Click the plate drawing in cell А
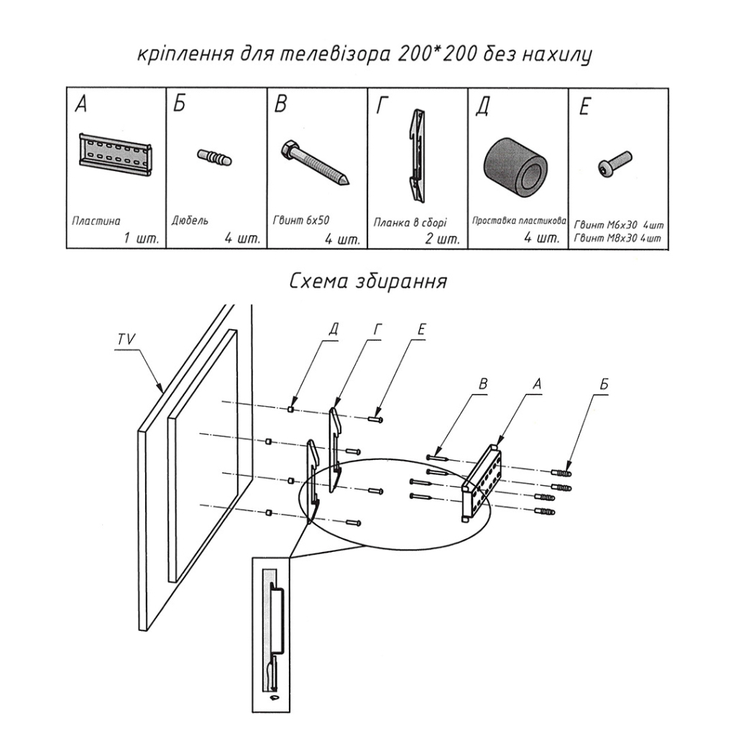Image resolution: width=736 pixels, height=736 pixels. pyautogui.click(x=115, y=155)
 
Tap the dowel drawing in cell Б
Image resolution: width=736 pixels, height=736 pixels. pyautogui.click(x=213, y=157)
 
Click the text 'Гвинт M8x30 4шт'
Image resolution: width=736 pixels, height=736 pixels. pyautogui.click(x=617, y=238)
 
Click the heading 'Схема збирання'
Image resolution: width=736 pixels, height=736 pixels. pyautogui.click(x=367, y=281)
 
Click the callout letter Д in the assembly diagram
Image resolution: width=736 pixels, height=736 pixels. pyautogui.click(x=333, y=329)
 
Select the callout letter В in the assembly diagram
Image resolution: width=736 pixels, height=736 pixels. pyautogui.click(x=484, y=385)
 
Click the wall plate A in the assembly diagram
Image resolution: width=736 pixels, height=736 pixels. pyautogui.click(x=483, y=482)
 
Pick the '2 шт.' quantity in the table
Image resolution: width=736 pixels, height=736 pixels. pyautogui.click(x=442, y=239)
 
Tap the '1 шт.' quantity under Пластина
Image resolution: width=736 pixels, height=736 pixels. pyautogui.click(x=141, y=239)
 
